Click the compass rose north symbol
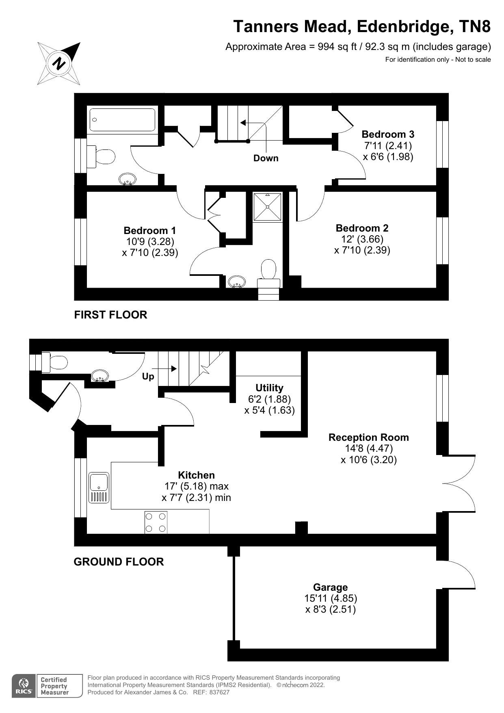[59, 64]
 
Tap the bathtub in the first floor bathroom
[122, 119]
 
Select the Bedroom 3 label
[388, 134]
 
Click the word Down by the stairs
[266, 158]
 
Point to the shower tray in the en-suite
[268, 207]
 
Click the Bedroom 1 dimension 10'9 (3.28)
[150, 242]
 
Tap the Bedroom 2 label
[362, 228]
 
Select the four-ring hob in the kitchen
[156, 522]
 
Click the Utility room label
[269, 388]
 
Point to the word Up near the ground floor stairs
[148, 377]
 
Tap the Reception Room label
[368, 438]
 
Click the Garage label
[330, 587]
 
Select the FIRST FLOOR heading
[110, 315]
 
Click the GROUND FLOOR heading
[119, 562]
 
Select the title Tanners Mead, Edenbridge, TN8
[362, 27]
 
